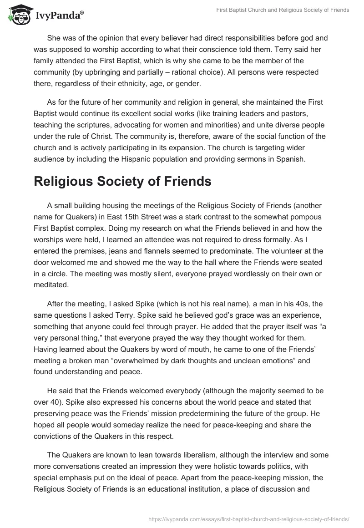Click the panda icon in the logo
17,15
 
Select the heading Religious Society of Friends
122,181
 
